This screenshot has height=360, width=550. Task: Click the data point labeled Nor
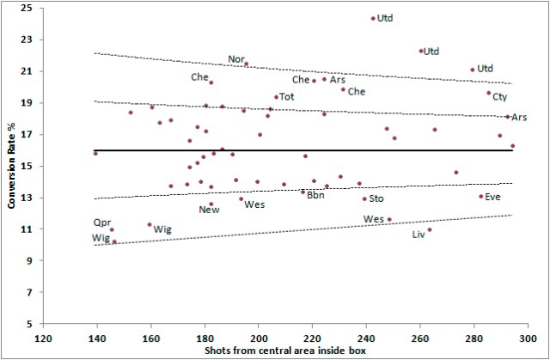pyautogui.click(x=246, y=64)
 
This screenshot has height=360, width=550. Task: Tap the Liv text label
pyautogui.click(x=419, y=234)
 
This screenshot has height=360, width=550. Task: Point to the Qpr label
pyautogui.click(x=102, y=222)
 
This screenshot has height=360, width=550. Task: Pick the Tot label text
pyautogui.click(x=287, y=97)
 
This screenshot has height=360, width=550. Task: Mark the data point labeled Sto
pyautogui.click(x=364, y=198)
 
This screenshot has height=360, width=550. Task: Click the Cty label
pyautogui.click(x=499, y=96)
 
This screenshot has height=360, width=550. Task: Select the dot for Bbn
pyautogui.click(x=302, y=192)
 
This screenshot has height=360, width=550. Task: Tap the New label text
pyautogui.click(x=209, y=210)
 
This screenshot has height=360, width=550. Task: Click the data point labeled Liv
pyautogui.click(x=430, y=229)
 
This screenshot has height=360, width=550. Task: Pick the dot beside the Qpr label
pyautogui.click(x=112, y=229)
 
